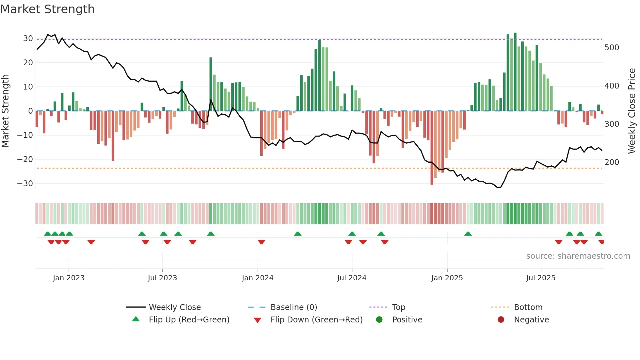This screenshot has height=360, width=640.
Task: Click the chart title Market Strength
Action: (x=47, y=9)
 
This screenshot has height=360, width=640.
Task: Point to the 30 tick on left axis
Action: (x=28, y=39)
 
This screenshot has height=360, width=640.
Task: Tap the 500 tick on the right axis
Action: (x=612, y=48)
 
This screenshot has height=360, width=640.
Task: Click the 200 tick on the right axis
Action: (x=612, y=162)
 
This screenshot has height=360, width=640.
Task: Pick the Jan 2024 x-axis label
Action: (x=258, y=278)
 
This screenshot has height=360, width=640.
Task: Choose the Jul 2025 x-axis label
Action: (x=541, y=278)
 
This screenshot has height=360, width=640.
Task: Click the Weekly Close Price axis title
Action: (x=632, y=111)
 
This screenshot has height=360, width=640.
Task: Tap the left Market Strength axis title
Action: (x=6, y=111)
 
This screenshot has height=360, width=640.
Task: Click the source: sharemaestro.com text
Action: (x=578, y=256)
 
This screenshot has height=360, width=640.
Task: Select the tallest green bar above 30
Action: (x=515, y=72)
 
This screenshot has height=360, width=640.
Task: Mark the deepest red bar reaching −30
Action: (x=432, y=148)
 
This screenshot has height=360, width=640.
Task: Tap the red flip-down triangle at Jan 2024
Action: (x=262, y=242)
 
